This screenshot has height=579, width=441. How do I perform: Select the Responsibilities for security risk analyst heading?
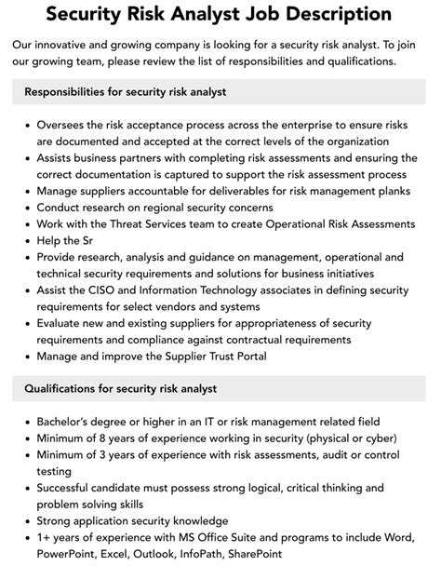(x=126, y=92)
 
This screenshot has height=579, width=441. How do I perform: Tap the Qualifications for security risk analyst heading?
(x=120, y=388)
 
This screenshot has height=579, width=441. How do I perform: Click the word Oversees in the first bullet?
(x=65, y=124)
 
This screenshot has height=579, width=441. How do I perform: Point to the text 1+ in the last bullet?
(x=45, y=538)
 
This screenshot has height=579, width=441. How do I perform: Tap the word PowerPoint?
(x=70, y=555)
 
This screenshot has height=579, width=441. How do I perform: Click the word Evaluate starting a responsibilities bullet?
(x=63, y=324)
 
